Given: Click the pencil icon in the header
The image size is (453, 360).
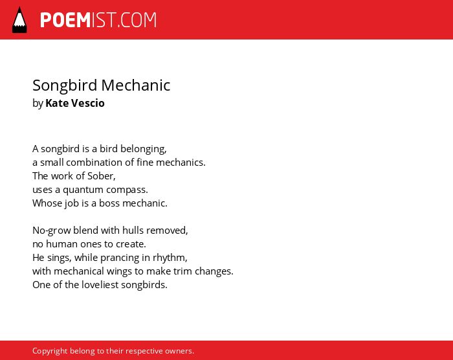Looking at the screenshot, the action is point(19,20).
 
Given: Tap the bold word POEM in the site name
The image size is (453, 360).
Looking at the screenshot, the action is point(65,20).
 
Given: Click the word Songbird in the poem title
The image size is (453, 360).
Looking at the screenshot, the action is point(65,86).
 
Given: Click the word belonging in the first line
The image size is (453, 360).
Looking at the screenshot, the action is point(143,149).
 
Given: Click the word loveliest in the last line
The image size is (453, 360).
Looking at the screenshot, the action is point(100,285).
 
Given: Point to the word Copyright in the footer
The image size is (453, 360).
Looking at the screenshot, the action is point(50,351).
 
